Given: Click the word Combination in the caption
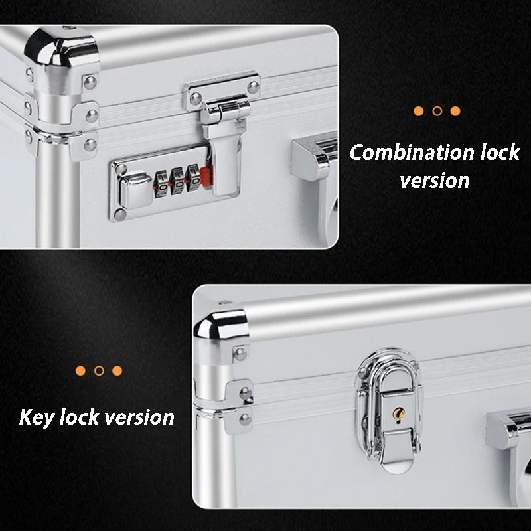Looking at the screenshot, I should click(x=412, y=153).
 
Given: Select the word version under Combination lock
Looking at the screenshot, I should click(x=435, y=181).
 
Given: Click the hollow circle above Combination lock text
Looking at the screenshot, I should click(x=437, y=111).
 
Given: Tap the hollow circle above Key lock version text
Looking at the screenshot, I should click(x=99, y=370).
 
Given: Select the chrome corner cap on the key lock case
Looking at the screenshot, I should click(x=222, y=323).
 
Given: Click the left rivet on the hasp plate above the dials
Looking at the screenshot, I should click(x=196, y=98).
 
